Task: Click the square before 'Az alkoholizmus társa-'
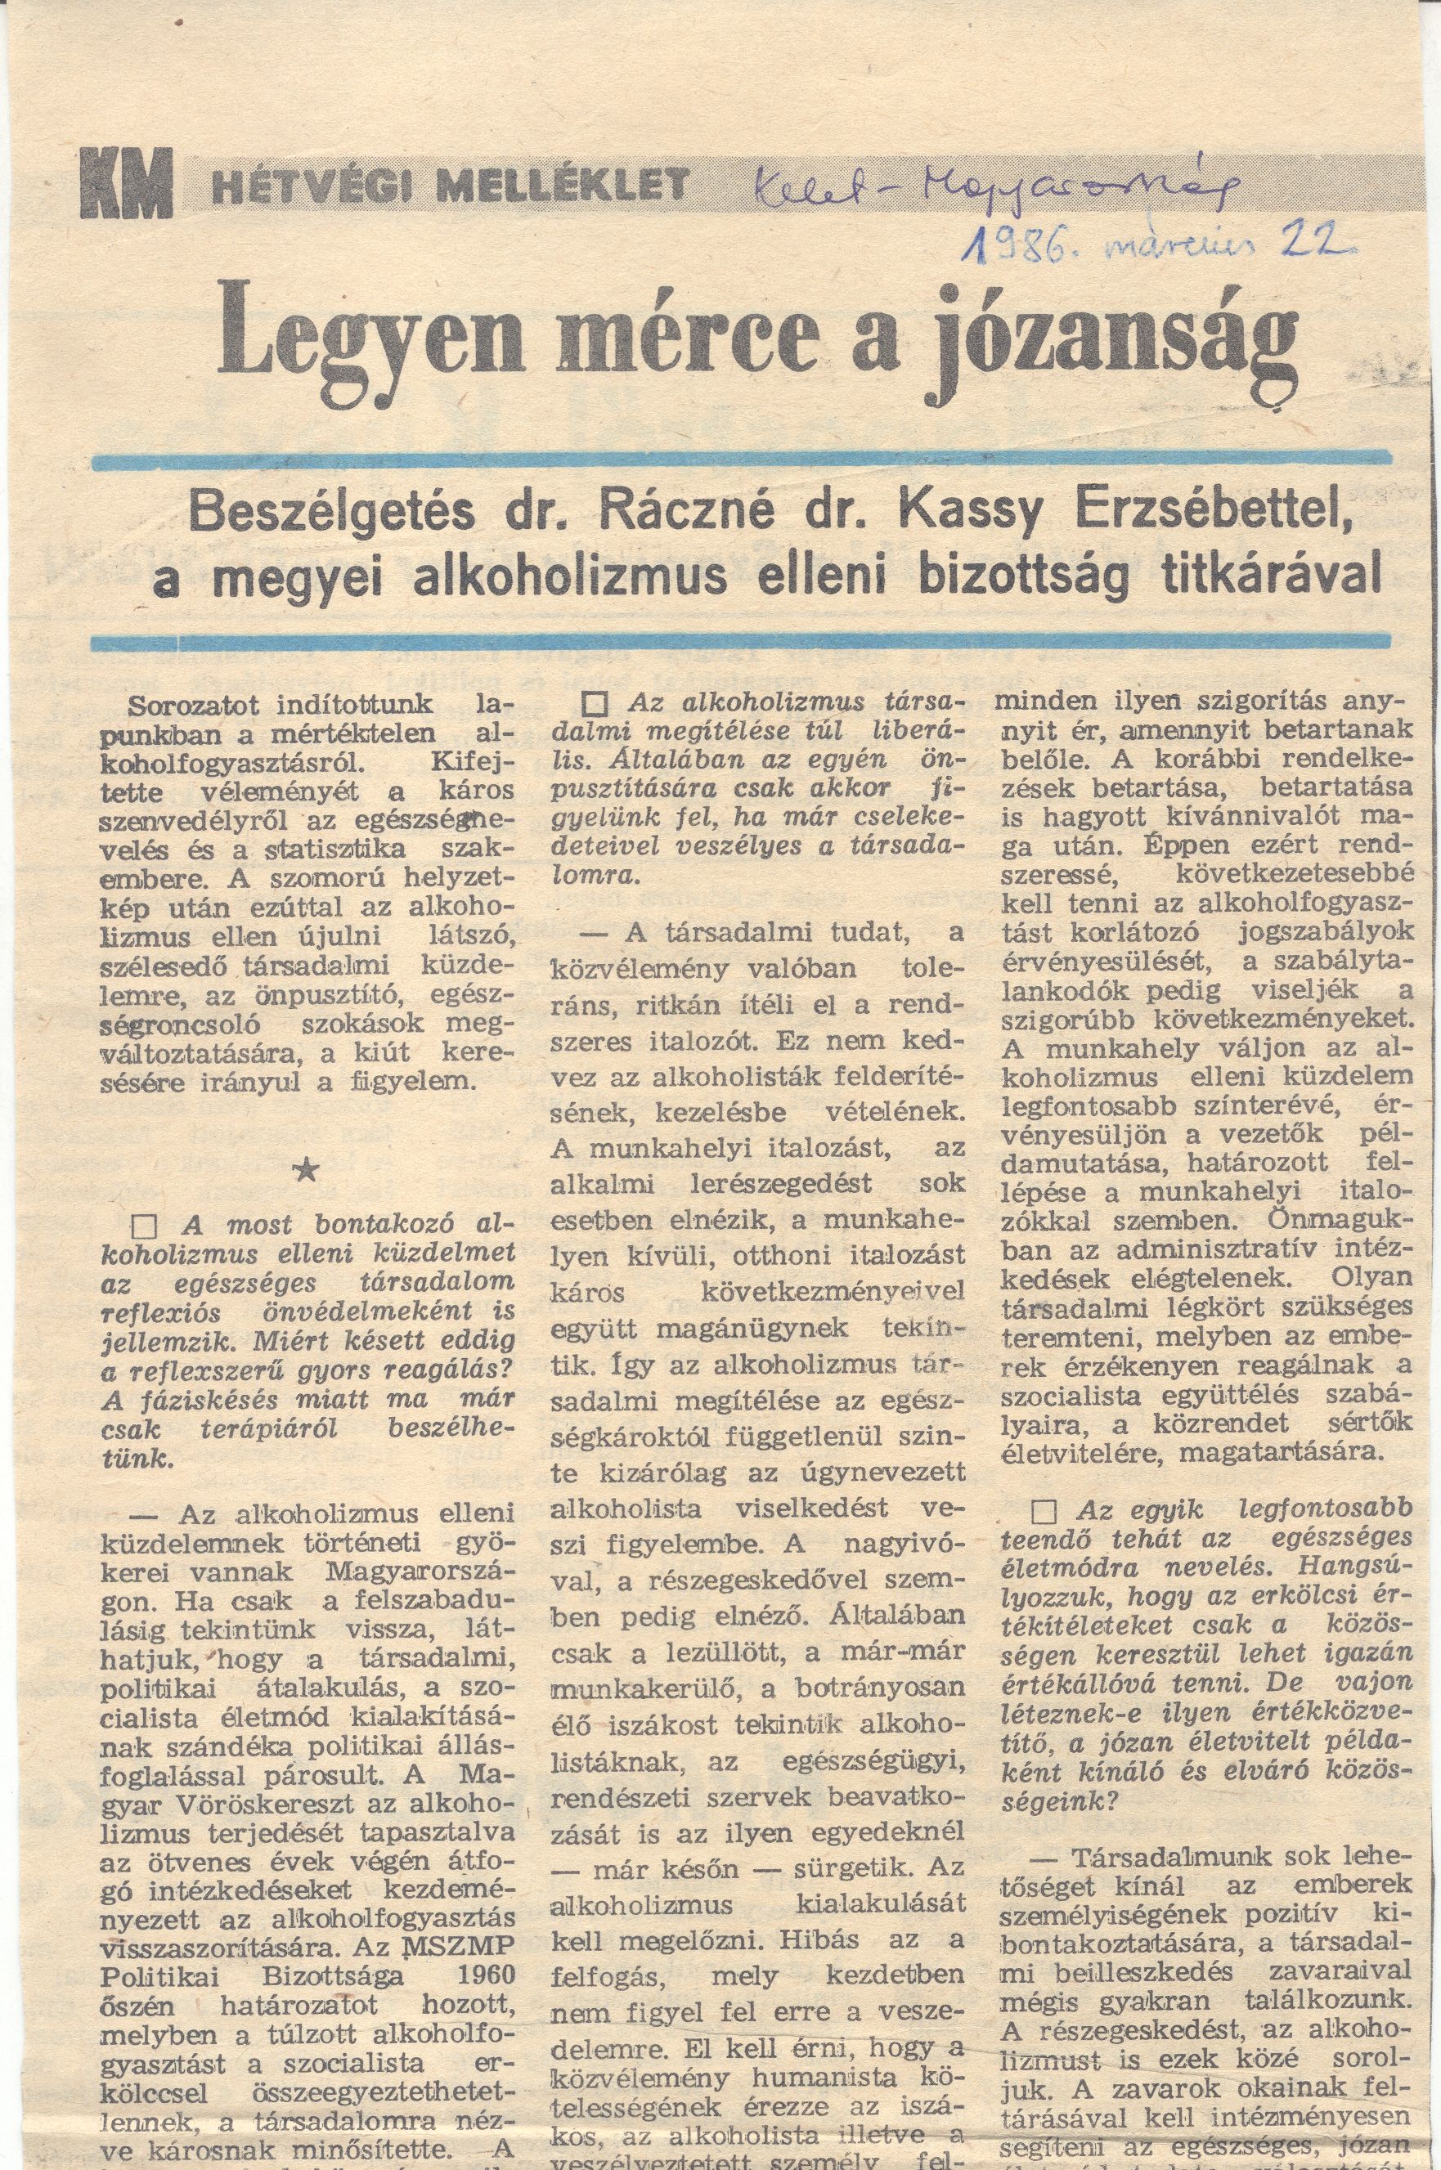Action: tap(597, 705)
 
